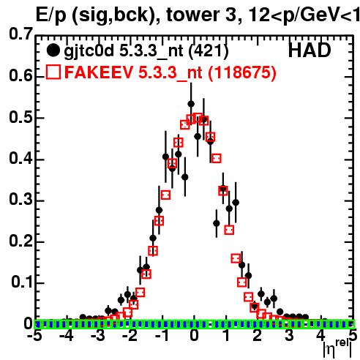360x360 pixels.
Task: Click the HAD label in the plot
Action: (310, 50)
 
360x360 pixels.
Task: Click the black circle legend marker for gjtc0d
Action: (53, 50)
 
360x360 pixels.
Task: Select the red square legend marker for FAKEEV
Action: (53, 72)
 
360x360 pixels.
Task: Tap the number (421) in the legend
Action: (209, 50)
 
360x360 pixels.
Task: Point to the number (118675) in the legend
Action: (242, 72)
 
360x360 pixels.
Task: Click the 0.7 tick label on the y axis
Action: (20, 34)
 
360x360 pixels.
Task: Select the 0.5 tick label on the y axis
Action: (20, 118)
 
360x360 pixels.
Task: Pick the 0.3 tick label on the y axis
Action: (20, 200)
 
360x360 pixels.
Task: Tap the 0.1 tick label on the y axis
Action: (22, 282)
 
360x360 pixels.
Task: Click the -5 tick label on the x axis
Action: (35, 336)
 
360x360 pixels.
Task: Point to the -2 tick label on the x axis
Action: (130, 336)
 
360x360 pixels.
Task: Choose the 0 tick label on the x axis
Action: (194, 336)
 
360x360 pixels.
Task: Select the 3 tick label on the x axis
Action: (289, 336)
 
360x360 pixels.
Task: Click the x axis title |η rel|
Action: (337, 349)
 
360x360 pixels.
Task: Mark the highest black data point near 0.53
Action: (191, 104)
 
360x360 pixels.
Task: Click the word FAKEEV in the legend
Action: (99, 72)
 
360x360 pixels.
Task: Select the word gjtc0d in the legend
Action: (89, 51)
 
